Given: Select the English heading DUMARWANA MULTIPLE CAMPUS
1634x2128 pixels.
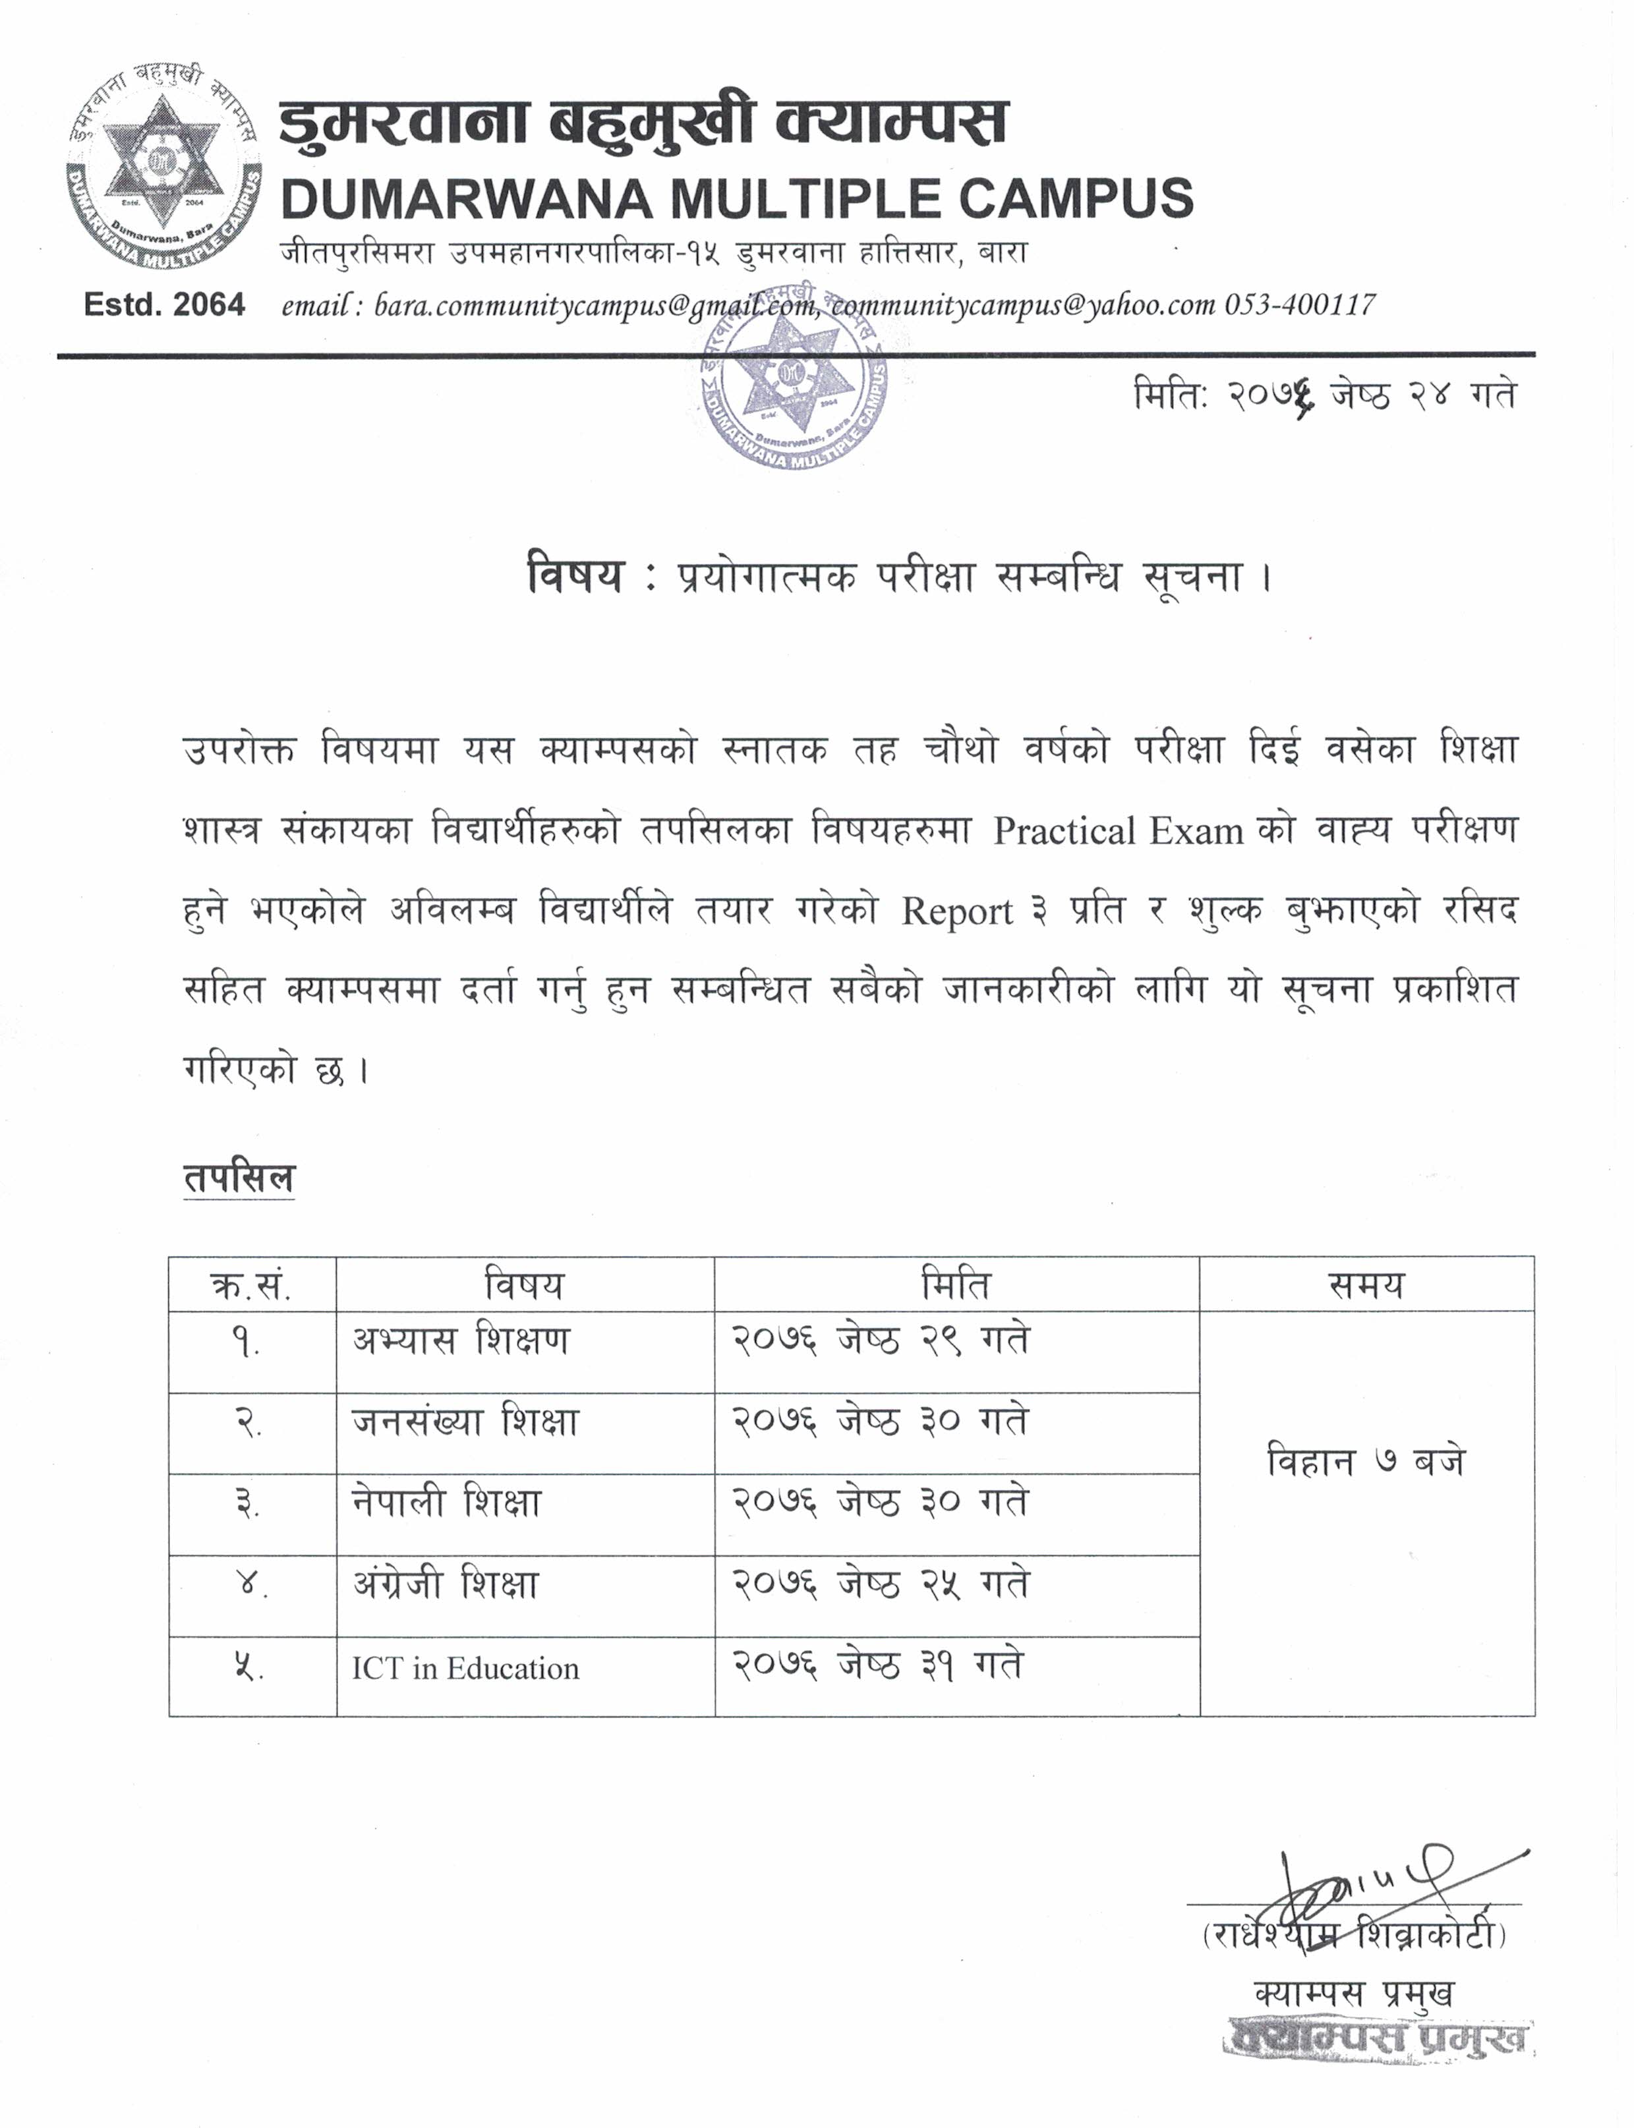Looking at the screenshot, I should coord(736,198).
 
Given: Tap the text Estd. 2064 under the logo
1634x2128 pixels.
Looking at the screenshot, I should coord(163,304).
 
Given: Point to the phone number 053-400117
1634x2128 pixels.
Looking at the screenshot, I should coord(1299,304).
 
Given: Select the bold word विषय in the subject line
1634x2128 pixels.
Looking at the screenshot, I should coord(574,574).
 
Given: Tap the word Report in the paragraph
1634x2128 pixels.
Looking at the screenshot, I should coord(957,911).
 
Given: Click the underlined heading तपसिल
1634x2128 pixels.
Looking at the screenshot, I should coord(239,1178).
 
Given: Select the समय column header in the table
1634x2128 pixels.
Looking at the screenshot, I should coord(1366,1285).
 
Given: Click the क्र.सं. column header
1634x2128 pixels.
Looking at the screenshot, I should coord(251,1286).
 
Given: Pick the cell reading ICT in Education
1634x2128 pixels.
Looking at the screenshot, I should coord(465,1668).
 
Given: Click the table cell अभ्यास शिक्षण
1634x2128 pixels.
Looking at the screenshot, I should coord(461,1340).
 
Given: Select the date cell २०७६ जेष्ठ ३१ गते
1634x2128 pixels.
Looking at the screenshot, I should coord(877,1666).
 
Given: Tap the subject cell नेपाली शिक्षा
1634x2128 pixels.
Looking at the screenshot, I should coord(446,1503).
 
